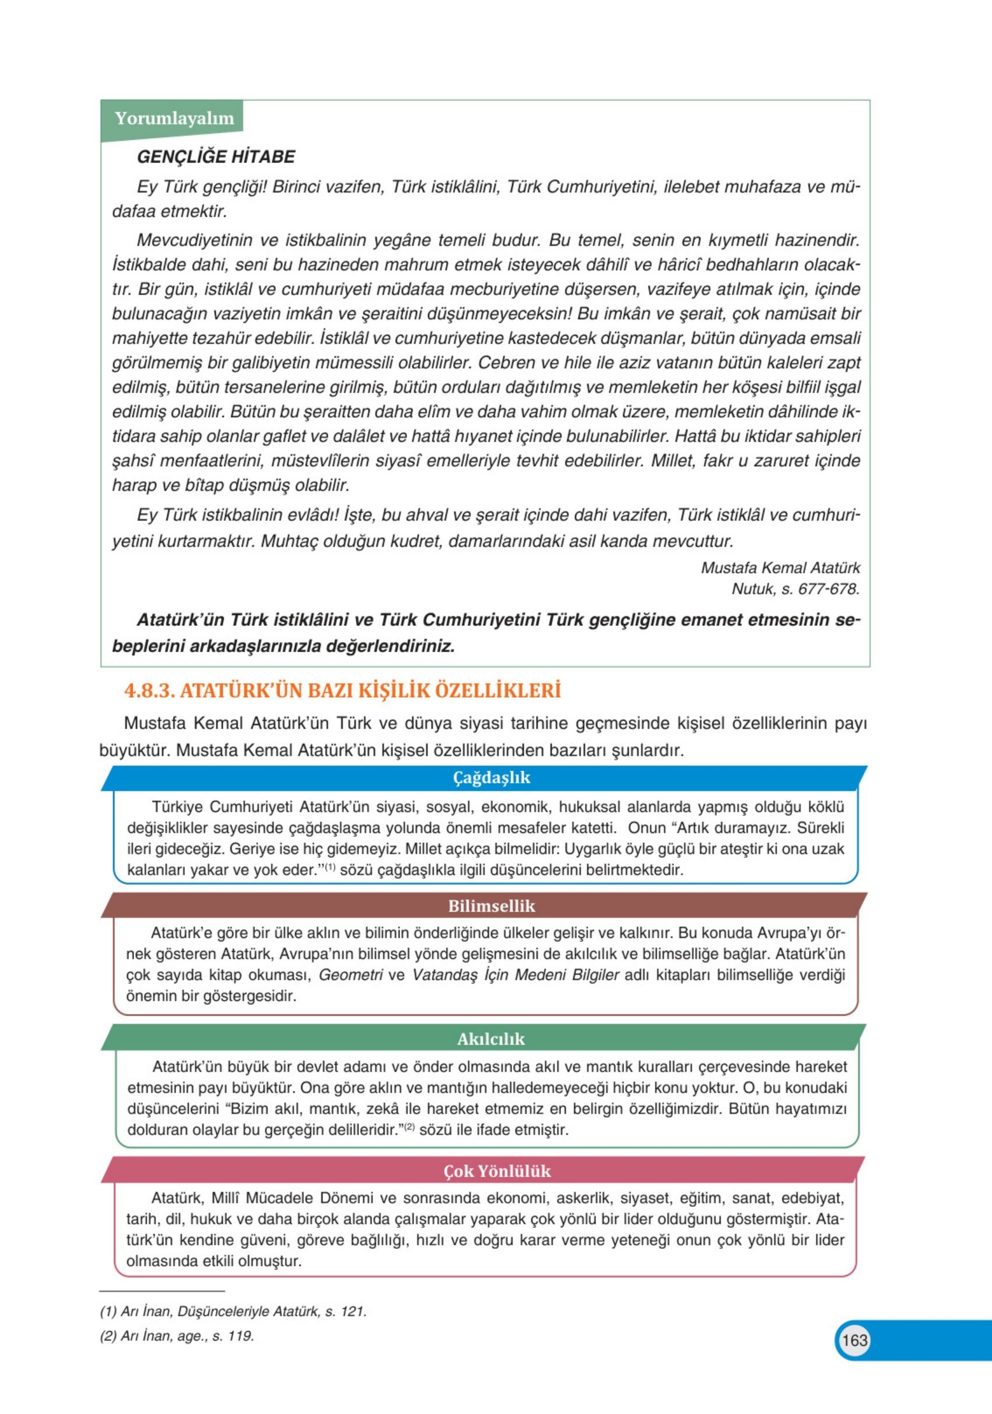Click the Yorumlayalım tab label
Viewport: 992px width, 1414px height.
click(174, 118)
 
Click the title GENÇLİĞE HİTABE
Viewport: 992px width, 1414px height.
click(216, 156)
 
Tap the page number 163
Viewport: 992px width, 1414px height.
click(854, 1340)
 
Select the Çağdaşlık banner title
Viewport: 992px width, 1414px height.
click(491, 777)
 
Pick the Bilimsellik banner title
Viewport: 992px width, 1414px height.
click(491, 906)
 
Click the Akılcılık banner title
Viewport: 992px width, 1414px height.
click(491, 1038)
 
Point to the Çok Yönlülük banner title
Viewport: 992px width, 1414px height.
click(497, 1171)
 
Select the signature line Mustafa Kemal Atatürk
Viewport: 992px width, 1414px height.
click(780, 567)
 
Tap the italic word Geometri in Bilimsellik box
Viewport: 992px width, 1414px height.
click(350, 975)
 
